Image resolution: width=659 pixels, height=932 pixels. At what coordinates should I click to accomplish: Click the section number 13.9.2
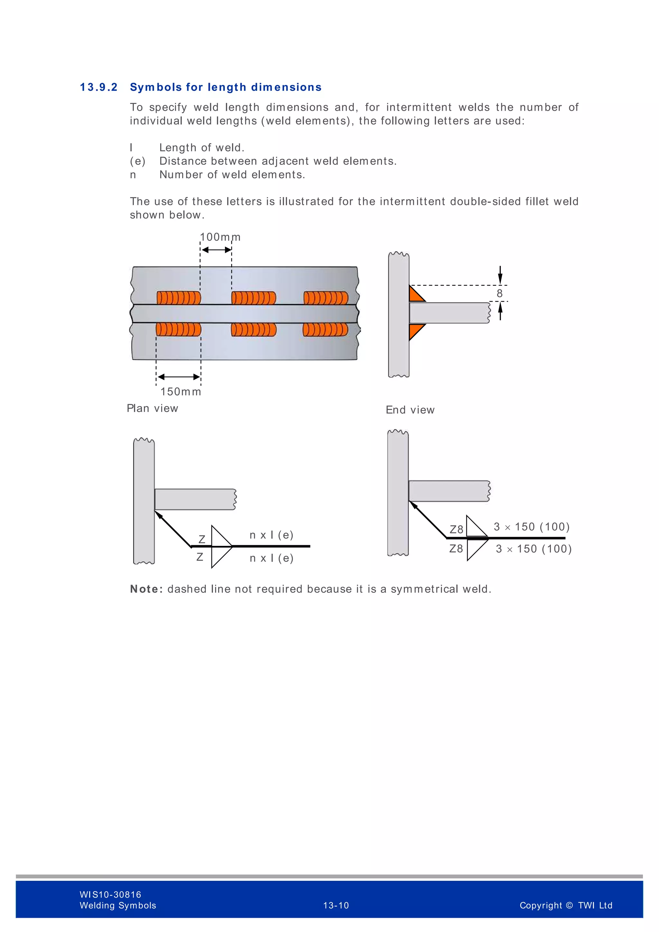pyautogui.click(x=98, y=87)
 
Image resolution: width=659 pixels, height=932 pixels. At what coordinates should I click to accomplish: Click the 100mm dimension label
pyautogui.click(x=220, y=237)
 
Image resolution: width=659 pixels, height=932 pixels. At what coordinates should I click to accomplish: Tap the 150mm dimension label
pyautogui.click(x=181, y=392)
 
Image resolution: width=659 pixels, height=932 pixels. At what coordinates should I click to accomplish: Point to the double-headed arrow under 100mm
pyautogui.click(x=216, y=250)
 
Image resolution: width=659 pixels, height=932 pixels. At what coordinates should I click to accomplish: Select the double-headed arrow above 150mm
pyautogui.click(x=179, y=377)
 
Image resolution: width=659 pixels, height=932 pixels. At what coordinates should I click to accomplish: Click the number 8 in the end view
pyautogui.click(x=499, y=294)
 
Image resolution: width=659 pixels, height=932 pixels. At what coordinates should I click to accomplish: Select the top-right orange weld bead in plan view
pyautogui.click(x=326, y=298)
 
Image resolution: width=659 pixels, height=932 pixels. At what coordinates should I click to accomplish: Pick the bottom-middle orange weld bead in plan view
pyautogui.click(x=254, y=330)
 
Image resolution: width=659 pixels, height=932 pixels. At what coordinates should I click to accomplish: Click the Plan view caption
pyautogui.click(x=153, y=408)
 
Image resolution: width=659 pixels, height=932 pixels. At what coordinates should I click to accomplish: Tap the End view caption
pyautogui.click(x=410, y=410)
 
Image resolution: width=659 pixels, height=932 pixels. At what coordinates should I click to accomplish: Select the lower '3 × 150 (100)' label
pyautogui.click(x=534, y=549)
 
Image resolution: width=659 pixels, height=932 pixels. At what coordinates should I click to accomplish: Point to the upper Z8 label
pyautogui.click(x=457, y=529)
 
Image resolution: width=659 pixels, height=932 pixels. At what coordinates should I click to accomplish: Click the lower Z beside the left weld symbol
pyautogui.click(x=200, y=557)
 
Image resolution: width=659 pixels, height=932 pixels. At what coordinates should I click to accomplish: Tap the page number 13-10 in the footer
pyautogui.click(x=336, y=906)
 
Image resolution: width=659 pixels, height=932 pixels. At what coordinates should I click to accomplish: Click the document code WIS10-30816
pyautogui.click(x=110, y=895)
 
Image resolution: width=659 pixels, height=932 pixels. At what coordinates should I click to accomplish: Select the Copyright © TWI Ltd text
pyautogui.click(x=566, y=906)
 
